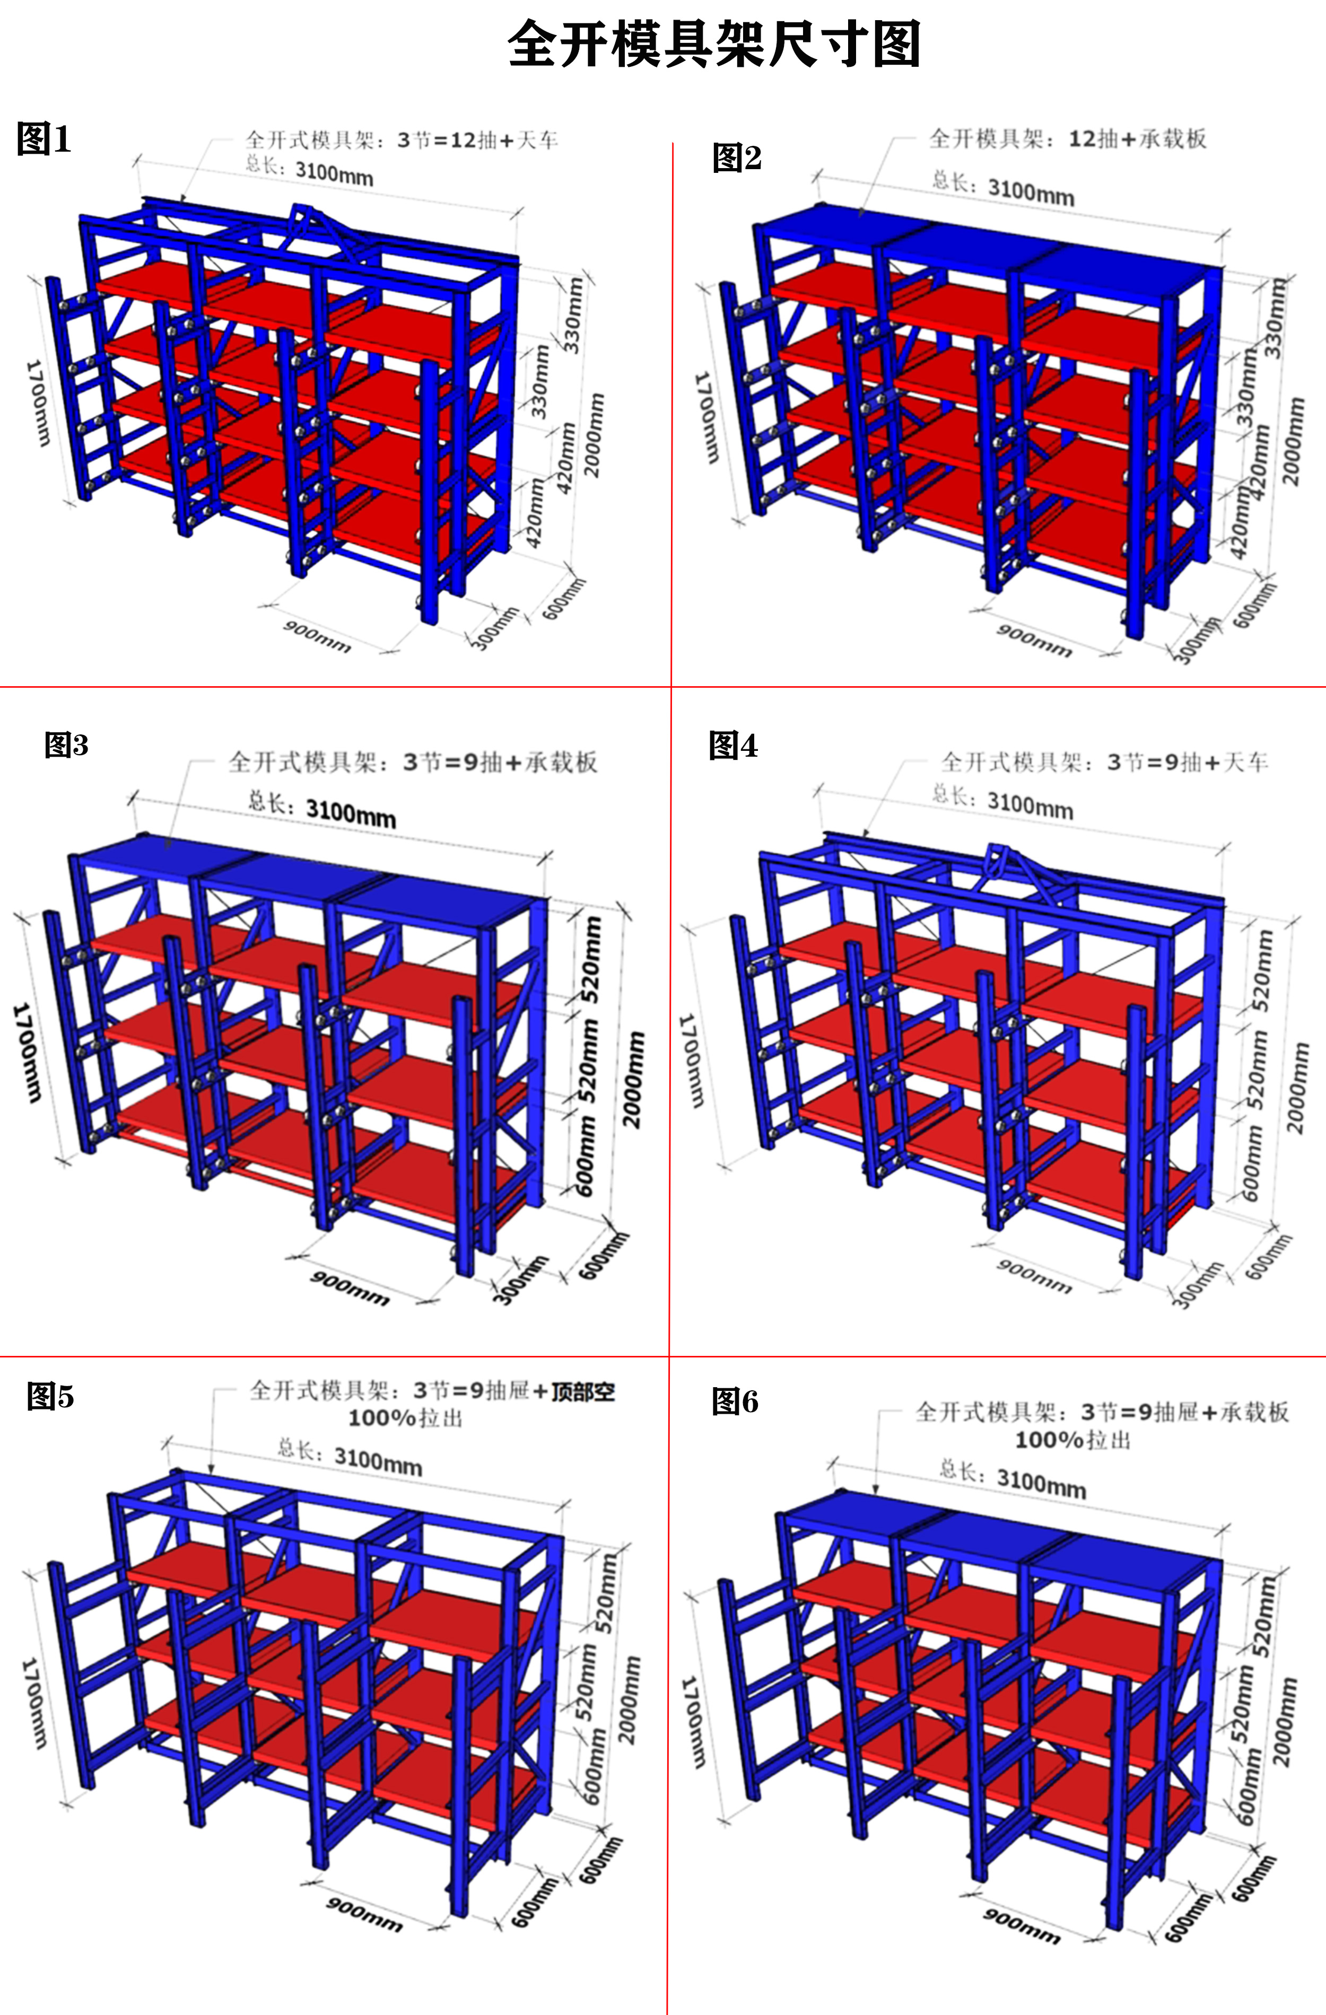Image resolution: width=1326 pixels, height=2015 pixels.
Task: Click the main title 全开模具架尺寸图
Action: [714, 44]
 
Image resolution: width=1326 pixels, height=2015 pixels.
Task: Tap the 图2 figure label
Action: [737, 157]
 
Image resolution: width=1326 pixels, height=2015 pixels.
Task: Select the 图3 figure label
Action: [66, 745]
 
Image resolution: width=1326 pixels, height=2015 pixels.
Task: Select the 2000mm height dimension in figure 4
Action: [1296, 1088]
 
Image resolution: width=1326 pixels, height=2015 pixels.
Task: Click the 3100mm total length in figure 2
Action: [1031, 190]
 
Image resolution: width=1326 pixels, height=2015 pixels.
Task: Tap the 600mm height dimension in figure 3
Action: [587, 1155]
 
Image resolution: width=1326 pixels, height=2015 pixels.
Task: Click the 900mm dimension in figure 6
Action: [1021, 1926]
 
